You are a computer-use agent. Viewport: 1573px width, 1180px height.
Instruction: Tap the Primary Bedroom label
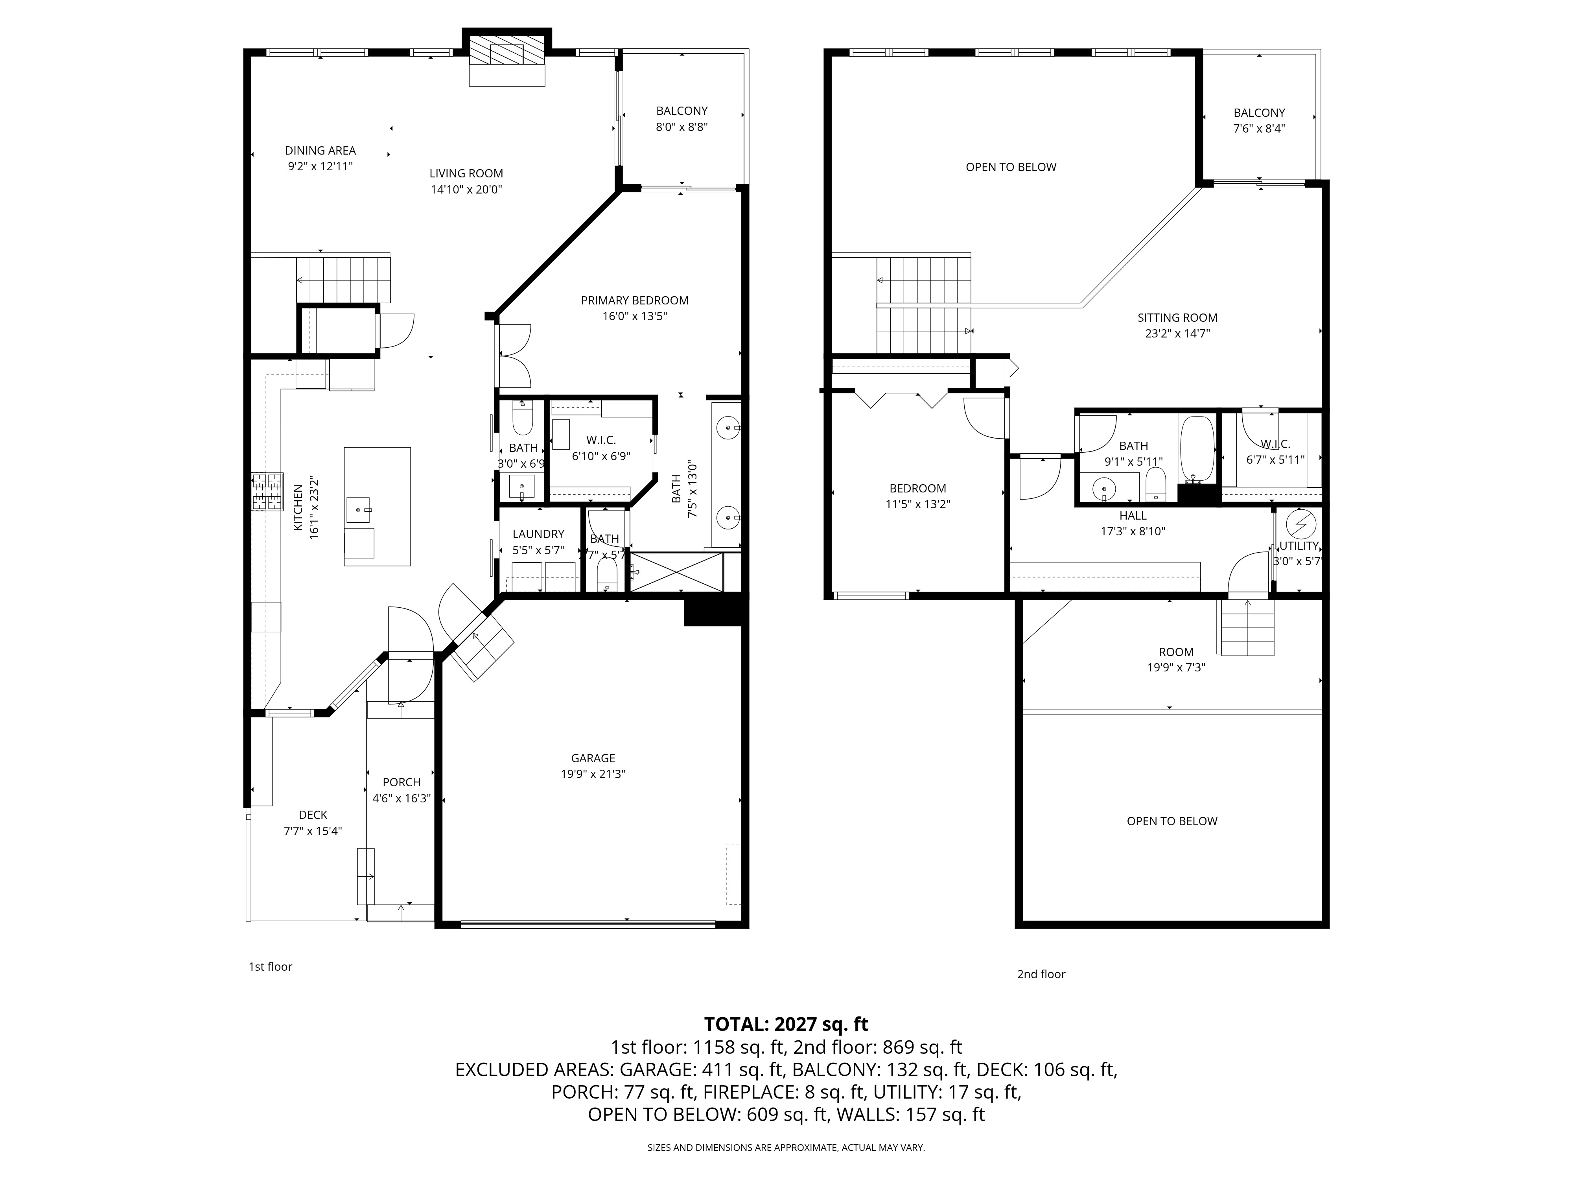click(x=634, y=300)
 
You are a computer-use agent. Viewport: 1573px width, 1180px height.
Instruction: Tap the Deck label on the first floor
click(x=313, y=815)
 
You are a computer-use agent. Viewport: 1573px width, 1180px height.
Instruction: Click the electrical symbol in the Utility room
click(x=1300, y=524)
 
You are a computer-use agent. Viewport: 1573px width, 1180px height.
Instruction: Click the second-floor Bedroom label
click(x=917, y=488)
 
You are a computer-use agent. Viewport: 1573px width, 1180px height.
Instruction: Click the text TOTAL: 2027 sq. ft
click(x=786, y=1024)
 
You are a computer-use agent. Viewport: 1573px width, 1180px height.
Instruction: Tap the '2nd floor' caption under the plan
click(x=1041, y=974)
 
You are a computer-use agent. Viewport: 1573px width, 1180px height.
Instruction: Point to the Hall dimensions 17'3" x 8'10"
click(x=1133, y=531)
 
